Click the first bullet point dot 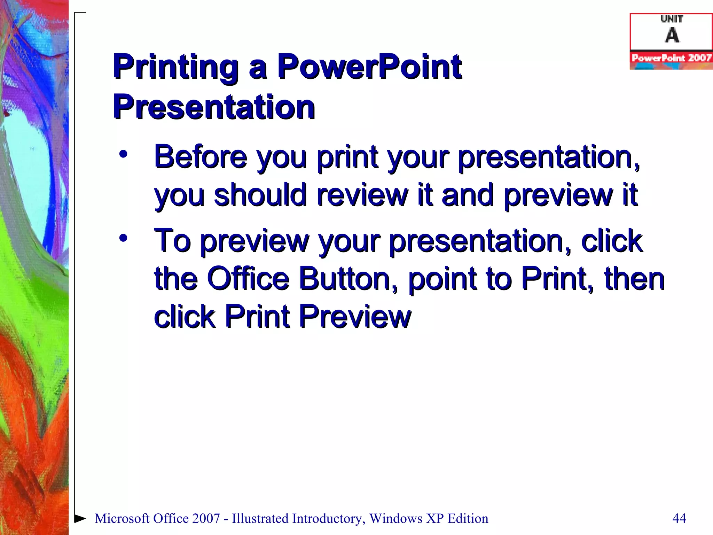(123, 154)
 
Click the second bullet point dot (123, 238)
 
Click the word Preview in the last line (355, 316)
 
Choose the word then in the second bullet (634, 278)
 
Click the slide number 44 (679, 518)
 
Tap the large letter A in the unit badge (672, 35)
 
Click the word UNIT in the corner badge (672, 19)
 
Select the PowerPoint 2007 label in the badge (671, 58)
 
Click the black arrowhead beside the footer (80, 518)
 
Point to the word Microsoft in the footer (122, 518)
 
